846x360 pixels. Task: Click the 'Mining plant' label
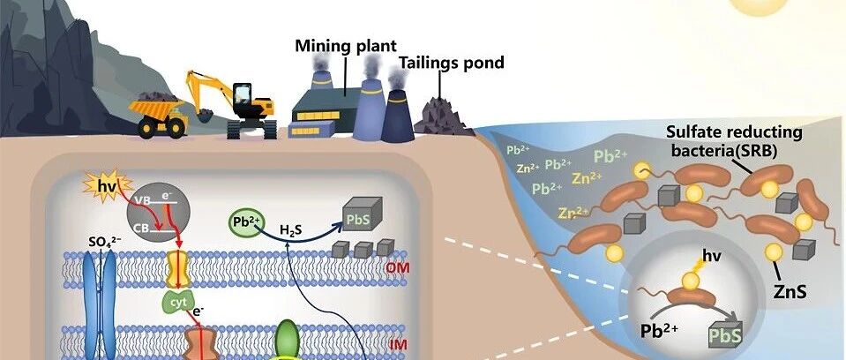345,46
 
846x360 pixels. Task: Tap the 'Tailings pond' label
451,63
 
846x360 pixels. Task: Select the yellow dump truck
158,115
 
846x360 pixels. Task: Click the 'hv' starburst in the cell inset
105,186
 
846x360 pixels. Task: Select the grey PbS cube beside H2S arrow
363,214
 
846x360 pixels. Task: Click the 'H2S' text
291,231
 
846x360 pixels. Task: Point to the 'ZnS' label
790,291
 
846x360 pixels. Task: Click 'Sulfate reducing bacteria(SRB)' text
734,141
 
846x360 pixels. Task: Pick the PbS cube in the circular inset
724,334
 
